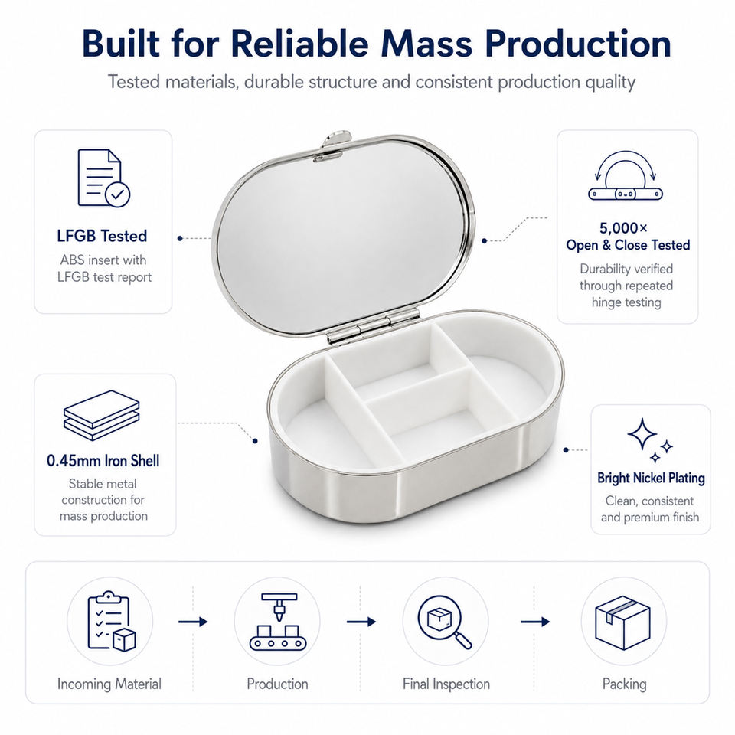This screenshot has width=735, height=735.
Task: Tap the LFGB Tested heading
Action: click(x=102, y=236)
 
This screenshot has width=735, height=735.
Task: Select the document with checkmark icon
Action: click(x=103, y=178)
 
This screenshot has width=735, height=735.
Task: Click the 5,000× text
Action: click(x=623, y=228)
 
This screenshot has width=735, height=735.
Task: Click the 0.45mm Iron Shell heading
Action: click(x=103, y=461)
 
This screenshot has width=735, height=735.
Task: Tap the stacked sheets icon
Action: click(x=102, y=415)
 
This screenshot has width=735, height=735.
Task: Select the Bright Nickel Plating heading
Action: click(x=651, y=478)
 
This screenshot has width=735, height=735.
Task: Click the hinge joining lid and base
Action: click(x=373, y=326)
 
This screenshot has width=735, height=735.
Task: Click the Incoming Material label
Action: click(x=109, y=684)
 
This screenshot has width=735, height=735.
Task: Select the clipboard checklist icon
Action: click(x=111, y=621)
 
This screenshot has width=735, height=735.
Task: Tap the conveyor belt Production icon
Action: click(x=277, y=621)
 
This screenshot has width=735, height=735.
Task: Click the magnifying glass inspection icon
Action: click(x=445, y=622)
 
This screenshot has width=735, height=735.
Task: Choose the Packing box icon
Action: click(x=623, y=622)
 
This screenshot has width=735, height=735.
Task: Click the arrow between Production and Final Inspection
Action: click(x=361, y=622)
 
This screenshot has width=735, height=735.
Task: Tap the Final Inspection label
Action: click(x=446, y=684)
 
